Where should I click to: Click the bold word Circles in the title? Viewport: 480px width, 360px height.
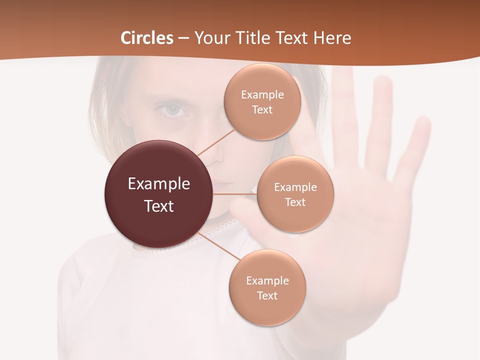(x=147, y=37)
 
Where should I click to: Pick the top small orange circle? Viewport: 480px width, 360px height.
(x=262, y=102)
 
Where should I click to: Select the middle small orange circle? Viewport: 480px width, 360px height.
(x=295, y=194)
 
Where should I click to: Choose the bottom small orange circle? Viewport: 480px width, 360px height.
(x=267, y=287)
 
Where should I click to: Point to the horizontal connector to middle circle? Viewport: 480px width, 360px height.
(x=235, y=194)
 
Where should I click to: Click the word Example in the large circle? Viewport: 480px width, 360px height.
(x=159, y=183)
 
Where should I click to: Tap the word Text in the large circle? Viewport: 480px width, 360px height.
(x=159, y=205)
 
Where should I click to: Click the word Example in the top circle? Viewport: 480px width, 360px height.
(x=262, y=94)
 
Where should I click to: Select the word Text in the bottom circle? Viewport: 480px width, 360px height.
(x=267, y=295)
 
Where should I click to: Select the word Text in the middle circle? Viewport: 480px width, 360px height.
(x=295, y=202)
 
